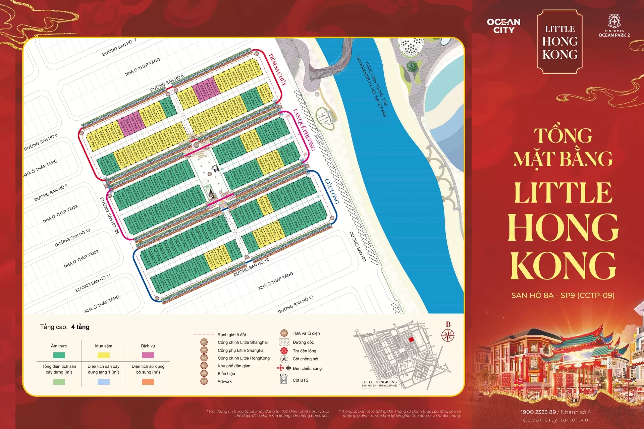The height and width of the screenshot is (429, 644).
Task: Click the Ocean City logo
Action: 503,26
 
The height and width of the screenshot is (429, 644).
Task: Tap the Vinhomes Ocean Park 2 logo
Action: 614,26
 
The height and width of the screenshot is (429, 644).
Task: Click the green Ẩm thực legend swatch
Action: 59,355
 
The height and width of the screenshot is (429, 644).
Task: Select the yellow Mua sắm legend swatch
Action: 103,355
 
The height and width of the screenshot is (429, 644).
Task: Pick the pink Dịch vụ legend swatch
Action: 148,355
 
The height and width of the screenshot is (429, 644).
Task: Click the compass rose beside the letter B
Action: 448,335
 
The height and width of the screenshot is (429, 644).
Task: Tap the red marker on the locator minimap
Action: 411,340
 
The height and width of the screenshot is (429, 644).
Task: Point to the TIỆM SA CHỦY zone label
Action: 278,69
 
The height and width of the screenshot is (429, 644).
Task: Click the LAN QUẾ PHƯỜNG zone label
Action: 304,129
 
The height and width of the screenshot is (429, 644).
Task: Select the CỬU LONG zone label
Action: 332,191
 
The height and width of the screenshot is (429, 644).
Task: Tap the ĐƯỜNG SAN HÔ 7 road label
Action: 119,47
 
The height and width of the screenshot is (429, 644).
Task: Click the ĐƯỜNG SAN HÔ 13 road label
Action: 296,304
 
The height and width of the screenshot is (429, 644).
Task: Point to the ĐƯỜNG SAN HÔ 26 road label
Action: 109,215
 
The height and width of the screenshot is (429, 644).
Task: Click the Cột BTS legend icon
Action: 284,380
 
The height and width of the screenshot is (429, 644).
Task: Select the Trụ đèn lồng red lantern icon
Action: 284,351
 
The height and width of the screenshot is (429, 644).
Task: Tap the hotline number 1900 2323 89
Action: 538,412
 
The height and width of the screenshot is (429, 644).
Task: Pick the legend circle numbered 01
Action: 204,342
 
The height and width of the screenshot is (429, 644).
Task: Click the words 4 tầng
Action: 80,327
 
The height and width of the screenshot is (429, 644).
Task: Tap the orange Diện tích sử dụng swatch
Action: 148,382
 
